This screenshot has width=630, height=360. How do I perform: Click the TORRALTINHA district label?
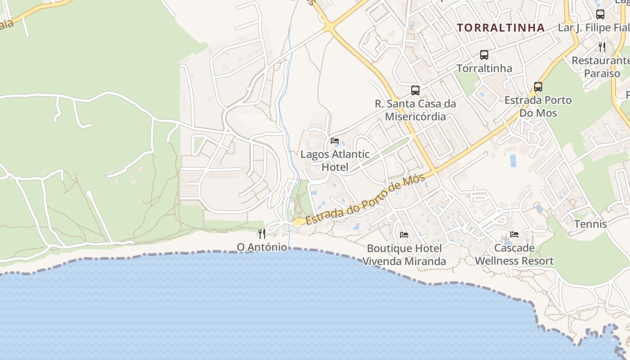click(501, 27)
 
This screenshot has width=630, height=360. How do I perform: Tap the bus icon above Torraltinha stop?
click(484, 55)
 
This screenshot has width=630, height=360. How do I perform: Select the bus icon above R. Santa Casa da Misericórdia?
click(415, 90)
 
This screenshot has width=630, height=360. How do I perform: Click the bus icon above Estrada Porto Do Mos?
click(538, 86)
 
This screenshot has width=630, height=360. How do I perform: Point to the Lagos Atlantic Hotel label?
click(335, 161)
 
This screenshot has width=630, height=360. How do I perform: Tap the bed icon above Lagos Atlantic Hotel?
click(334, 141)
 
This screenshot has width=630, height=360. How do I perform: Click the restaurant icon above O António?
click(262, 234)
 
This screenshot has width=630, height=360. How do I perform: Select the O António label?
click(262, 247)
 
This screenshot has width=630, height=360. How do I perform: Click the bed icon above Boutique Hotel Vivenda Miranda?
click(404, 234)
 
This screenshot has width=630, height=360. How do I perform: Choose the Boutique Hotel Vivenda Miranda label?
click(404, 255)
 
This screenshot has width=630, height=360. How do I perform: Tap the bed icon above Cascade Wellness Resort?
click(514, 234)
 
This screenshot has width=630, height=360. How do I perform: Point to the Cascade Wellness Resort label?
click(514, 254)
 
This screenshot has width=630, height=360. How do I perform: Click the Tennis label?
click(590, 224)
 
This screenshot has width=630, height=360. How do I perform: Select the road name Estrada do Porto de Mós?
click(366, 200)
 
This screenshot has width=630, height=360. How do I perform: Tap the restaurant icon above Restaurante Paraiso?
click(602, 46)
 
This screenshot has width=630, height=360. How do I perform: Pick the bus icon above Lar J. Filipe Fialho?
click(600, 14)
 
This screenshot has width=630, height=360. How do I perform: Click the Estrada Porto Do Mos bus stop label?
click(538, 106)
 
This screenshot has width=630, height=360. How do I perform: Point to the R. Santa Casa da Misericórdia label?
click(415, 110)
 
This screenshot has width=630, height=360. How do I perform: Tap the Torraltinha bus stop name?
click(484, 68)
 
